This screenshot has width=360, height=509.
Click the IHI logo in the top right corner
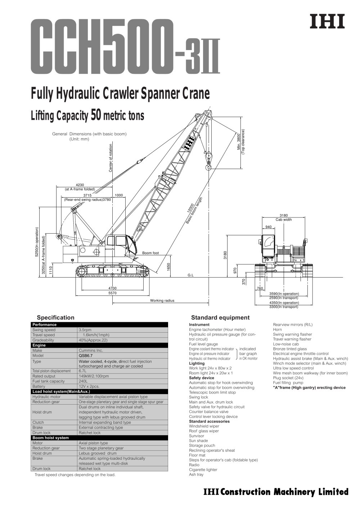(x=327, y=22)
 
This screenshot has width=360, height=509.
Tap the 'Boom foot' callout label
(x=150, y=253)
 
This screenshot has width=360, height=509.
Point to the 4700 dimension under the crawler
(x=112, y=288)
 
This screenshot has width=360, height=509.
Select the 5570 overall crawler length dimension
(x=112, y=293)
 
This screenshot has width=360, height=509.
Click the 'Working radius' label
(x=162, y=301)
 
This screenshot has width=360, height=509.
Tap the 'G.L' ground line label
(x=190, y=275)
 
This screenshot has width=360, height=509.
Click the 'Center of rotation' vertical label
(x=111, y=158)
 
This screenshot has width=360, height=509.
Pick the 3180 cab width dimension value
(x=284, y=216)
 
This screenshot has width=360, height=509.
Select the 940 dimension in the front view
(x=269, y=227)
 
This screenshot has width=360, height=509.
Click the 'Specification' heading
(x=55, y=317)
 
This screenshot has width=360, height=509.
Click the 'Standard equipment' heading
(x=220, y=317)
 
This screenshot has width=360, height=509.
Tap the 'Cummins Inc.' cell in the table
(x=91, y=350)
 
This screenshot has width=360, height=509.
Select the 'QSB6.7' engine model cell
(x=86, y=355)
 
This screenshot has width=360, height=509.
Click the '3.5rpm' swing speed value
(x=85, y=330)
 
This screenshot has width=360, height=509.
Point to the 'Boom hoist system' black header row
(x=50, y=438)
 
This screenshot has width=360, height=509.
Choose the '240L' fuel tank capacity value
(x=83, y=381)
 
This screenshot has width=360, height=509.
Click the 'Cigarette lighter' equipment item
(x=203, y=469)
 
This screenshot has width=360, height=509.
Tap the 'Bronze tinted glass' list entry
(x=290, y=349)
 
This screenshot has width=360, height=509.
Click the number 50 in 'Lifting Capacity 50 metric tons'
(x=96, y=116)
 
